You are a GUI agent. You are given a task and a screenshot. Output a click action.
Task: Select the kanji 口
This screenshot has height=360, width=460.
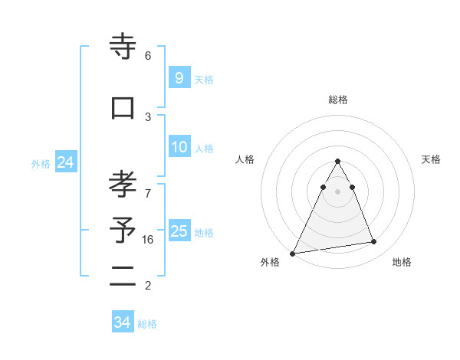(x=123, y=108)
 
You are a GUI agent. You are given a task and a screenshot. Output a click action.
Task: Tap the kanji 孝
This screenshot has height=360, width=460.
(x=123, y=184)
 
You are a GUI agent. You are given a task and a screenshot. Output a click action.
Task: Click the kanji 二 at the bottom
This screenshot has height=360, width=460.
(x=123, y=278)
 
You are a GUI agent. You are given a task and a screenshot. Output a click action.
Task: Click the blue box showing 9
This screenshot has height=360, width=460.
(x=179, y=77)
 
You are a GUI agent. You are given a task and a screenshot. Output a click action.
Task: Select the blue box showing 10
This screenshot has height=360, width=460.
(x=179, y=147)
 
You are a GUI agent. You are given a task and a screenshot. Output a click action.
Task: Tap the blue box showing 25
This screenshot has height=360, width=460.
(x=179, y=231)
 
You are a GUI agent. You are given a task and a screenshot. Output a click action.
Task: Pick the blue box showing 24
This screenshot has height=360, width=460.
(x=65, y=162)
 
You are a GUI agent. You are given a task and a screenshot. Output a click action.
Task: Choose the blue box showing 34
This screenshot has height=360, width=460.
(x=122, y=322)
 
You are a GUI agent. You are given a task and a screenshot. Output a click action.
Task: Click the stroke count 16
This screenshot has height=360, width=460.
(x=148, y=240)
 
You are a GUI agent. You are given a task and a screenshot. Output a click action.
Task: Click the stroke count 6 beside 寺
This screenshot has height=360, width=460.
(x=148, y=56)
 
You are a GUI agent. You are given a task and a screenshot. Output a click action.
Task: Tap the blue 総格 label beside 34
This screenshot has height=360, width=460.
(x=147, y=324)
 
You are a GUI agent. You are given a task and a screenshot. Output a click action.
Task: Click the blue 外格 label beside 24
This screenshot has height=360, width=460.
(x=41, y=164)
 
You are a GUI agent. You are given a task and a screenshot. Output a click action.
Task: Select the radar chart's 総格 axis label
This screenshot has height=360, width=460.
(x=338, y=100)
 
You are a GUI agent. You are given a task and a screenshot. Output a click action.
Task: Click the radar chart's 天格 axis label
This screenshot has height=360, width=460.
(x=432, y=159)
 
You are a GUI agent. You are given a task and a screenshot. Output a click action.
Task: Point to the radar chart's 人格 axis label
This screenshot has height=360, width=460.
(x=245, y=159)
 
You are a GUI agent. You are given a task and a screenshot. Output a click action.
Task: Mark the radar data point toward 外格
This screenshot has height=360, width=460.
(x=292, y=254)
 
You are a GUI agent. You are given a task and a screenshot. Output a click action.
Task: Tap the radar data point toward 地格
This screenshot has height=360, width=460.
(x=374, y=242)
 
